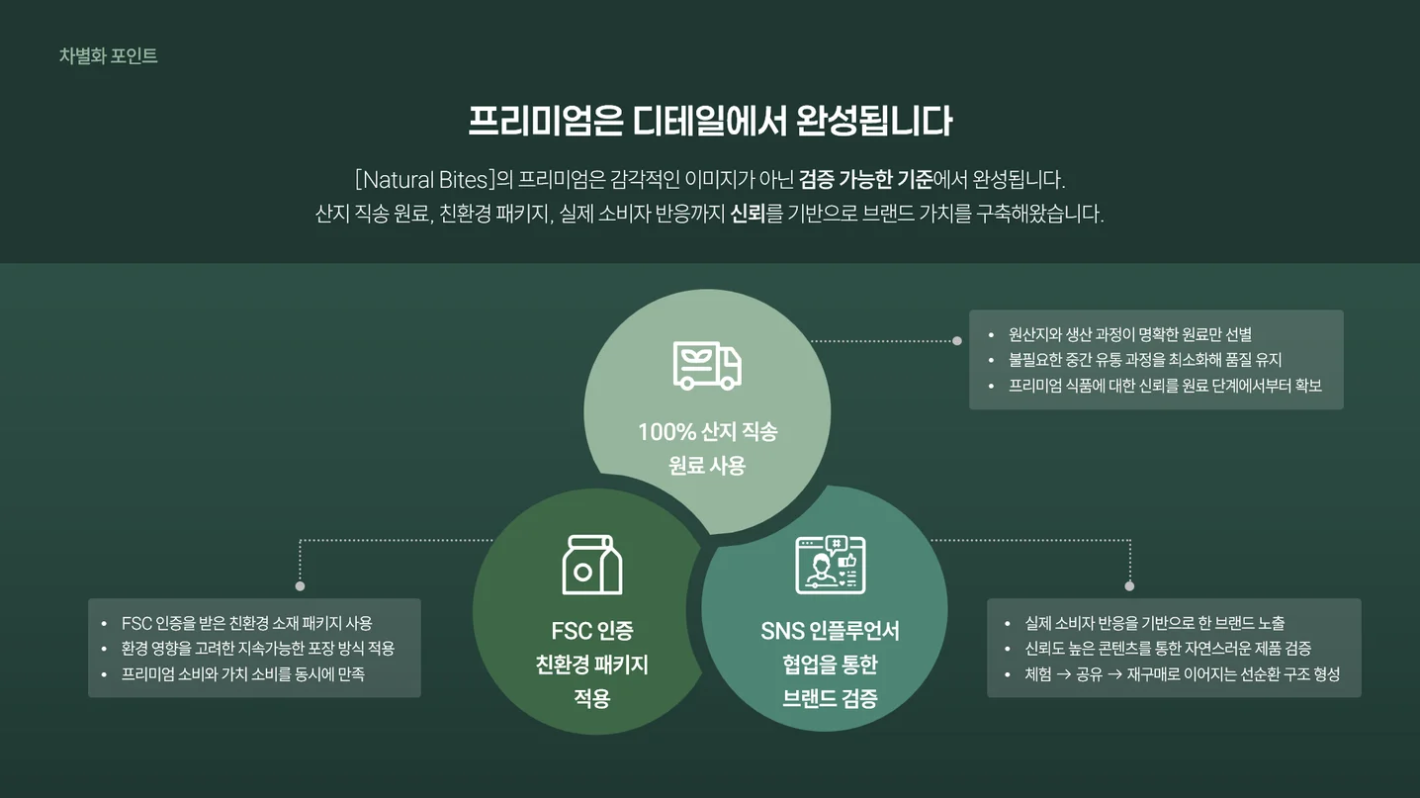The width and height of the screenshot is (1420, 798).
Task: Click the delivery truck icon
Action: [707, 366]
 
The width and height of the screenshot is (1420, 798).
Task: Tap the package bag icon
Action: [591, 566]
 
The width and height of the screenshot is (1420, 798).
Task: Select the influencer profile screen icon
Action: [830, 565]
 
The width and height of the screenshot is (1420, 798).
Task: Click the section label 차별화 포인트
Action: [108, 56]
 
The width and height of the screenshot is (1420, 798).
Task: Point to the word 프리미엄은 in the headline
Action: [545, 121]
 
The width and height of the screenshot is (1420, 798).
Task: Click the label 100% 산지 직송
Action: [707, 432]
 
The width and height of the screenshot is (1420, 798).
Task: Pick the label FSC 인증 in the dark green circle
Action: [591, 631]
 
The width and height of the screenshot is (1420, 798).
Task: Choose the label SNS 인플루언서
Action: [830, 631]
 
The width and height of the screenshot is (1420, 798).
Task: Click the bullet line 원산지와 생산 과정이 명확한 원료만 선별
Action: [1130, 335]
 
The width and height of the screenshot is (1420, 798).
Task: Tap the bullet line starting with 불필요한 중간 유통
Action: [1145, 360]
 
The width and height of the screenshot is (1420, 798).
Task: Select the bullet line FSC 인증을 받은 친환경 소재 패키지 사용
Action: [246, 624]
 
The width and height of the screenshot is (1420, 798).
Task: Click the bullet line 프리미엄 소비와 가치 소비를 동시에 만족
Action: [242, 674]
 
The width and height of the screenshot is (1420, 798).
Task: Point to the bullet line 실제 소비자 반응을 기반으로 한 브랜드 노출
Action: [1155, 624]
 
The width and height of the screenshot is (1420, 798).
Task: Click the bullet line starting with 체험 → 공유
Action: [1182, 674]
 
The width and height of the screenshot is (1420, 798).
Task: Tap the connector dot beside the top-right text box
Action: [956, 341]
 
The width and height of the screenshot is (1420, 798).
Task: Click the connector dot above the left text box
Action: [301, 586]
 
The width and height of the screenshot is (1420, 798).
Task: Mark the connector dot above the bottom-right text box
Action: [1129, 586]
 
